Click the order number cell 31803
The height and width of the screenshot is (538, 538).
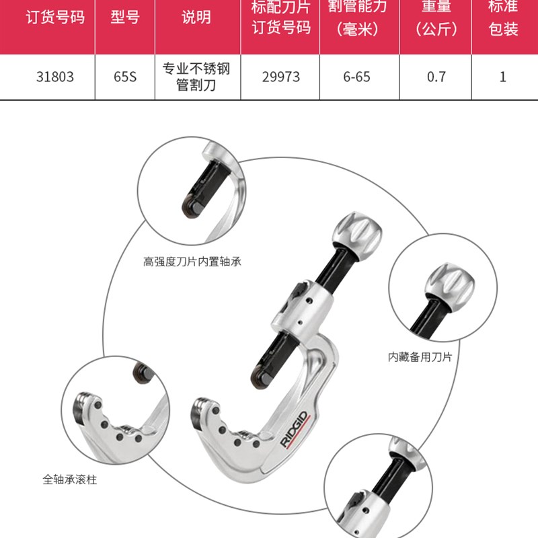(55, 77)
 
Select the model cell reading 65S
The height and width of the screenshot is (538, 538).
(125, 77)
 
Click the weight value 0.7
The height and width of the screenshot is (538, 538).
(436, 77)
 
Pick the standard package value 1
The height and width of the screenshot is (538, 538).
(503, 77)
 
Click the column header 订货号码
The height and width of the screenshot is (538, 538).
(55, 17)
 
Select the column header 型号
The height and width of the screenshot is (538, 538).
(125, 17)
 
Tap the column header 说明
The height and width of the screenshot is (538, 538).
(196, 17)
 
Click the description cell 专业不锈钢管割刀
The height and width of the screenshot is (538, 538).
(196, 77)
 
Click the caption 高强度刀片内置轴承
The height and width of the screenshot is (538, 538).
(192, 262)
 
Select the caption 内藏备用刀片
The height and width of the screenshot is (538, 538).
(420, 357)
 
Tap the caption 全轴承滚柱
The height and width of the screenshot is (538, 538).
(69, 480)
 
